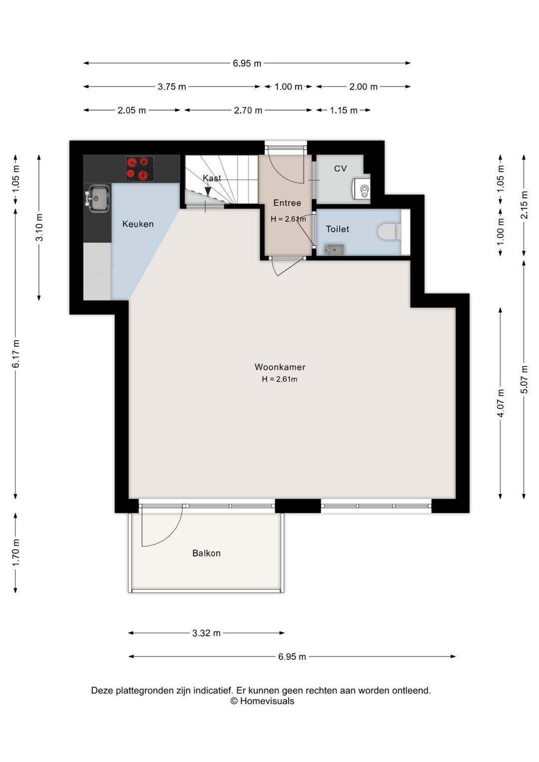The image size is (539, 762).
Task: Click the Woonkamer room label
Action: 280,367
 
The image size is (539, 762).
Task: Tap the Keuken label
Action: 138,224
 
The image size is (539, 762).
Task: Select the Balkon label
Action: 207,553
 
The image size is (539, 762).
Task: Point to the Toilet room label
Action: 337,229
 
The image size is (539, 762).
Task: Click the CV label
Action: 340,168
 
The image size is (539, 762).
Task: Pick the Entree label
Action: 287,203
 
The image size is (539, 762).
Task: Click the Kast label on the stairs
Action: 212,178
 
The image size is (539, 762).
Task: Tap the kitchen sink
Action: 97,198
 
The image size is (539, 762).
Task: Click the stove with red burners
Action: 140,169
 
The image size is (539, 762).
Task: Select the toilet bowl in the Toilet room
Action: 389,232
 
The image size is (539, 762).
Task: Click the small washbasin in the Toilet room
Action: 334,250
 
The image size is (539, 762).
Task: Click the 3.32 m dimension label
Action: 206,633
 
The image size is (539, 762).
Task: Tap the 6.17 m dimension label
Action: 15,354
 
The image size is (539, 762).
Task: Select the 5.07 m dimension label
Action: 524,380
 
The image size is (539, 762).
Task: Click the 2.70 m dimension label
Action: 248,110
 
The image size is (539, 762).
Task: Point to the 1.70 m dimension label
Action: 15,553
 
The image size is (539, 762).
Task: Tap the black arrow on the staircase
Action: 208,192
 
